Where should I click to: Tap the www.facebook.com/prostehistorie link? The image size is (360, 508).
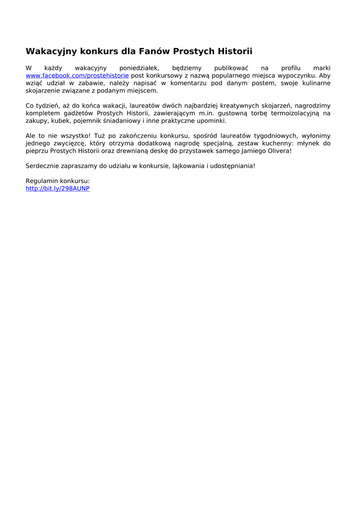coord(77,75)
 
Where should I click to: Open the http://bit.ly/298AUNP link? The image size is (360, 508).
coord(58,189)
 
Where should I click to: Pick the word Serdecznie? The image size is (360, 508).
coord(42,166)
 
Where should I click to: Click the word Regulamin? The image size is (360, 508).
coord(41,181)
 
